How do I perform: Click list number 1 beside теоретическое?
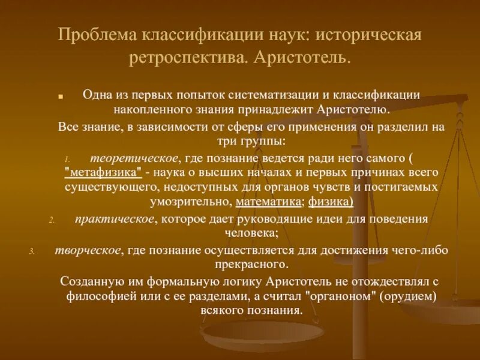68,159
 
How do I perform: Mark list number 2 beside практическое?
52,220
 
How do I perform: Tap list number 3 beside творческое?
33,251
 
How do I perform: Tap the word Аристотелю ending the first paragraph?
349,110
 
